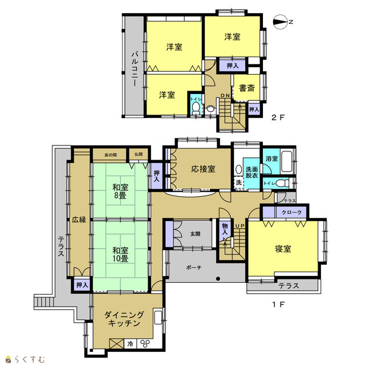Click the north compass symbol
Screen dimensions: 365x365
280,22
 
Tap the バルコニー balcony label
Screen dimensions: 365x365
135,69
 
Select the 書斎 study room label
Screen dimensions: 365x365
247,88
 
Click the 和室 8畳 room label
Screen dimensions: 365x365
120,191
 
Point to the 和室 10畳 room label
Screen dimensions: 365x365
120,255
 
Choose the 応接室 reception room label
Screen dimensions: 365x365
203,169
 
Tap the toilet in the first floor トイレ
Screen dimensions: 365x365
282,183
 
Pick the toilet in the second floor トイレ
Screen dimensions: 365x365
196,108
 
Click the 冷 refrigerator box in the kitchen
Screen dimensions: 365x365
131,343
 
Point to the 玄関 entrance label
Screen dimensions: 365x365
195,234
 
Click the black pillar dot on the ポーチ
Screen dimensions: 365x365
218,279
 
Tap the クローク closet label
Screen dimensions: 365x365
291,212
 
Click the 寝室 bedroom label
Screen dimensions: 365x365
283,249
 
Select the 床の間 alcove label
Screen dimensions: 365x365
111,155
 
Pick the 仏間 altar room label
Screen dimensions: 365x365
139,155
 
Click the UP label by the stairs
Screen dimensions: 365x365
240,226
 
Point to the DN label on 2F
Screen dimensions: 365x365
225,95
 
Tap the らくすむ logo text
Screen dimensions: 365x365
29,359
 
